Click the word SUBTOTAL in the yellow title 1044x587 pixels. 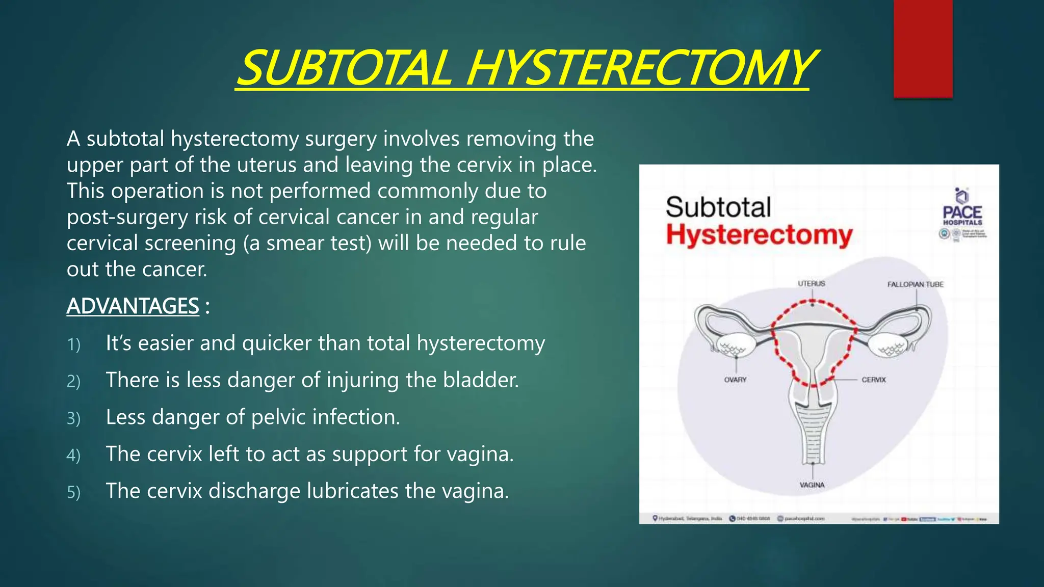click(x=345, y=68)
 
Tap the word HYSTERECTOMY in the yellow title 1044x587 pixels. click(x=640, y=68)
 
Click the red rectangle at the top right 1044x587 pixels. click(x=923, y=48)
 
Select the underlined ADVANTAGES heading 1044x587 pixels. click(x=133, y=306)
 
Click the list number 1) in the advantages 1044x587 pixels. click(x=74, y=345)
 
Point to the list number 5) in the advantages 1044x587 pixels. click(x=74, y=493)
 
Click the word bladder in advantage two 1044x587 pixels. click(x=480, y=380)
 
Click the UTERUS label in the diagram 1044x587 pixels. click(x=811, y=283)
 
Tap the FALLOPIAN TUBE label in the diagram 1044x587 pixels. click(x=915, y=284)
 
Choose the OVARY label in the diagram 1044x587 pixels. click(x=735, y=380)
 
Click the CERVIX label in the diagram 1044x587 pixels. click(x=873, y=380)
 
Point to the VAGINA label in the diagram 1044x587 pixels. click(x=812, y=485)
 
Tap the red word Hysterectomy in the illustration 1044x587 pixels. click(x=759, y=235)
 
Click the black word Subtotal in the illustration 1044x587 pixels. click(x=718, y=207)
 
